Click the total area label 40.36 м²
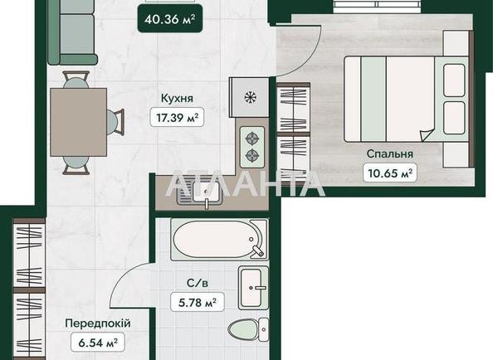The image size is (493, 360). coord(170,19)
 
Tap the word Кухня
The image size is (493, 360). coord(177,98)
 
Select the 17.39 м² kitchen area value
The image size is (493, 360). coord(178,118)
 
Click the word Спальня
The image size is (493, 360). coord(389,154)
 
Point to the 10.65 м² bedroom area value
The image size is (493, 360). coord(390,173)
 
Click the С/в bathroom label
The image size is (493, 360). coord(198,283)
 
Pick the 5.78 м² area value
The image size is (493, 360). coord(198,302)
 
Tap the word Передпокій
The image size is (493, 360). coord(98,324)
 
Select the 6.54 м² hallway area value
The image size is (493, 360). coord(98,343)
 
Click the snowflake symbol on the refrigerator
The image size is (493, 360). coord(251,97)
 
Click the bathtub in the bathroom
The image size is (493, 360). coord(219,240)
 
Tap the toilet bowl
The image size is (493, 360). coord(248,330)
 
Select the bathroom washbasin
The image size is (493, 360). coord(253,288)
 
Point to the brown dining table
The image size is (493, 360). coord(79,122)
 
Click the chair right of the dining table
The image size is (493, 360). coord(115,122)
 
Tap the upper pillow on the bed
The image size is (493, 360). coord(454,80)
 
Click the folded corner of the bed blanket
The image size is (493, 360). coord(427,135)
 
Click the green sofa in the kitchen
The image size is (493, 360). coord(72,32)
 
